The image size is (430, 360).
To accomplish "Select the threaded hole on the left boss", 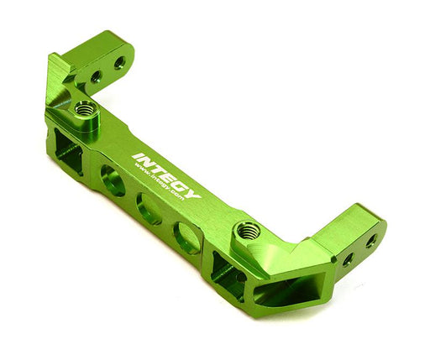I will point(85,108).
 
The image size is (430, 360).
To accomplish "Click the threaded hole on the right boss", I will point(247,228).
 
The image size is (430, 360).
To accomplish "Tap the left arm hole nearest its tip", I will point(119,62).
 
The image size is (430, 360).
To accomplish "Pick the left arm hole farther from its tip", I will point(96,76).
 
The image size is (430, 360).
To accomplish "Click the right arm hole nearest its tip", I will point(370,242).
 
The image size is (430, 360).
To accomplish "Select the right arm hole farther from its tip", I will point(347,260).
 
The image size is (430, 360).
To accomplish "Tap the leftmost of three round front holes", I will point(113,180).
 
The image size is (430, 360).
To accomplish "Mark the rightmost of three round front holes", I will point(186,237).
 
